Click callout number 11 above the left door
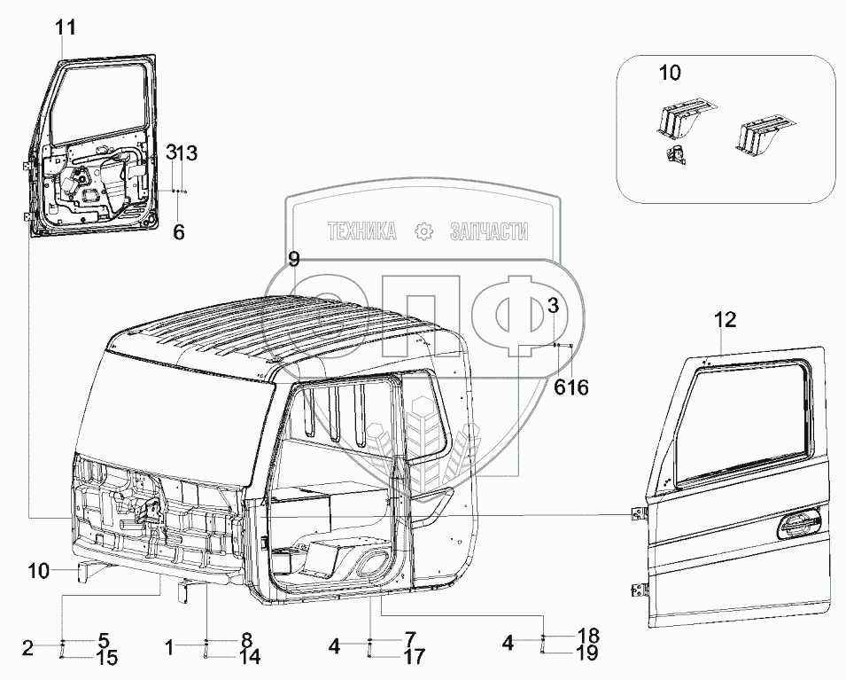(x=66, y=27)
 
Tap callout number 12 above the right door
(x=726, y=320)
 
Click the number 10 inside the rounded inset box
(x=669, y=73)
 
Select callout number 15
(x=105, y=658)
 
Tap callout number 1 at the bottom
(x=169, y=648)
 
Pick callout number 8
(x=246, y=639)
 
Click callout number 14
(x=250, y=657)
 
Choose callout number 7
(x=409, y=639)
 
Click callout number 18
(x=587, y=637)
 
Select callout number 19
(x=587, y=654)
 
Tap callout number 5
(x=103, y=639)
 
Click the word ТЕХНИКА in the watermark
(x=361, y=231)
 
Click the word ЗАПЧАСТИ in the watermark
(x=490, y=231)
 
